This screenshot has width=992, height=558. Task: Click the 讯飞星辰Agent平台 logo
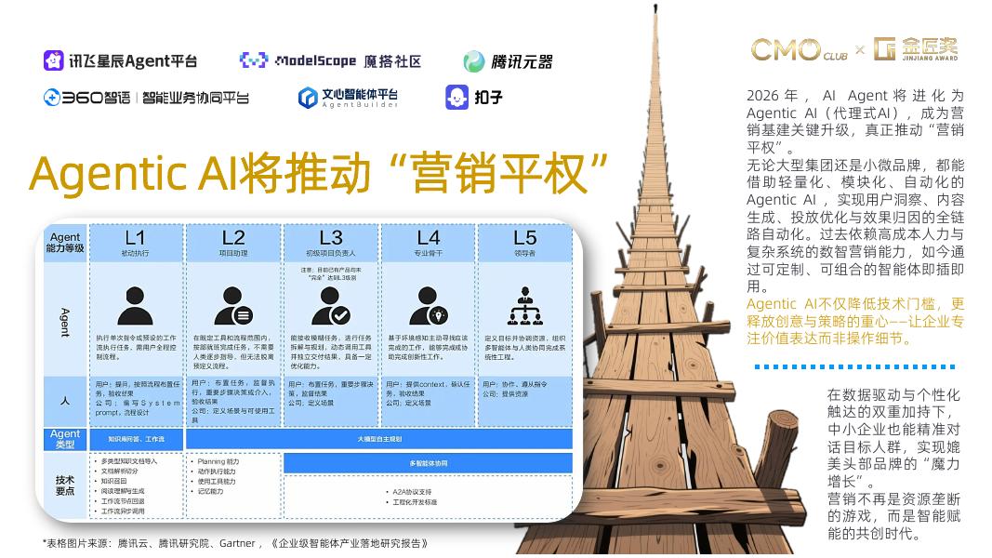(121, 61)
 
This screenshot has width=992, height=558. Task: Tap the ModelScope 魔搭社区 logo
(330, 61)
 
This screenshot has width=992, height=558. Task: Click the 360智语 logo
(146, 97)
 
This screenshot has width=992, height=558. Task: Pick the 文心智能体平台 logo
(348, 97)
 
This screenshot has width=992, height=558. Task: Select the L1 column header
(135, 242)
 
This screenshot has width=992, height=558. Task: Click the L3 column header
(331, 242)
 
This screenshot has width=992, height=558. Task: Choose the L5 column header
(524, 242)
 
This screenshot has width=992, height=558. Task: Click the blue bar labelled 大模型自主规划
(379, 439)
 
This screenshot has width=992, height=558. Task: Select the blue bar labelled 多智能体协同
(428, 463)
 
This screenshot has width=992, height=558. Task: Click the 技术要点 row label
(64, 485)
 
